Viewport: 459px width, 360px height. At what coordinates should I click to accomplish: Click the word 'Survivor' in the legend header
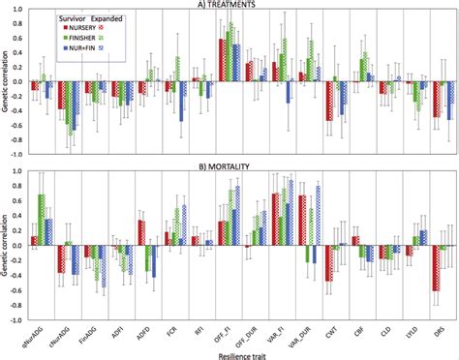(51, 18)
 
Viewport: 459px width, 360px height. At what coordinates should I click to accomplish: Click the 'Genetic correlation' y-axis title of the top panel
(8, 82)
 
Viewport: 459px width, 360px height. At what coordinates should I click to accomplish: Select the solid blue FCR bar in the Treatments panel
(181, 100)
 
